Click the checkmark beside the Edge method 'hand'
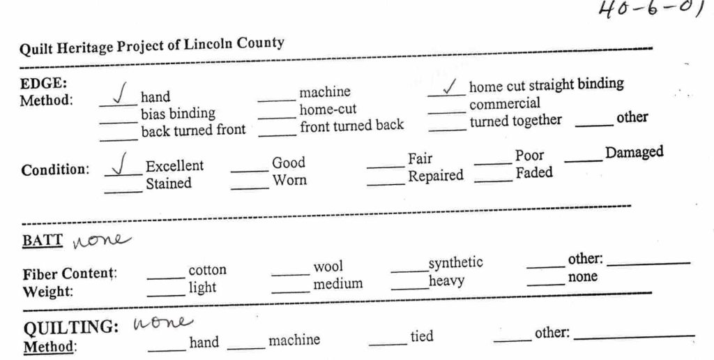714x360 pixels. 119,93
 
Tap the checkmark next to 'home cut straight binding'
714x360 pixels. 450,86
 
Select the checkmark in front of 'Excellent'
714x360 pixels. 120,164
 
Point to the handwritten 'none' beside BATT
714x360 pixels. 101,240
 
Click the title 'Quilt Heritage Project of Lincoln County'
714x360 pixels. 152,45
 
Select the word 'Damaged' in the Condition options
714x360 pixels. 634,153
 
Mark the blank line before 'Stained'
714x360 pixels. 123,192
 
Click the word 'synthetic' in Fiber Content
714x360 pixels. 455,263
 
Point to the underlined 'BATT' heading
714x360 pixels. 43,241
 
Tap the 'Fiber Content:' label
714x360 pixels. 70,273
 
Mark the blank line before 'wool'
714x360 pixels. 291,275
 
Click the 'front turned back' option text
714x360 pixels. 351,126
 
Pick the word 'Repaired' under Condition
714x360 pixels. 435,176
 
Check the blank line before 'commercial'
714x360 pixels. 447,112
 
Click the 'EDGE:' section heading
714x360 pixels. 43,84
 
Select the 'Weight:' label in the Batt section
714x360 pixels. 48,291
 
